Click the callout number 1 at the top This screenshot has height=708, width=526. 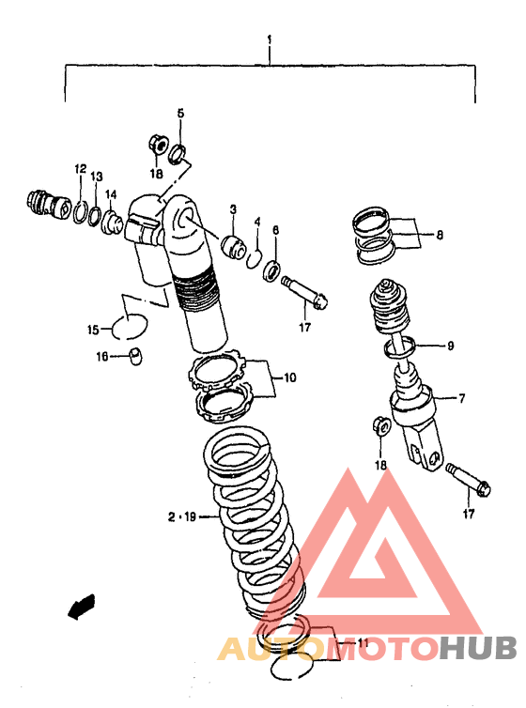click(270, 40)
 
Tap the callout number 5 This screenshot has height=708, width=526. click(180, 113)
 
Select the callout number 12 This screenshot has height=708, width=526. click(81, 169)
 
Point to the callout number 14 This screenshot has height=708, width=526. click(111, 194)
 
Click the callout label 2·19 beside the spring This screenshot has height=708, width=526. click(182, 516)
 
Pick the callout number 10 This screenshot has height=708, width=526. click(290, 377)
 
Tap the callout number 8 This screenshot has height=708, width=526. click(440, 235)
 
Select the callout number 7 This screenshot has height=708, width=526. click(461, 398)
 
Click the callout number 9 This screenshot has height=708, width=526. click(450, 346)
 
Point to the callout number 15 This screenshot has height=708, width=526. click(93, 331)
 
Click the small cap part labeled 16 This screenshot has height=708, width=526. click(135, 356)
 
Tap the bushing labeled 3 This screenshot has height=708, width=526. click(234, 248)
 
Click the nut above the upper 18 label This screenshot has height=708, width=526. click(158, 144)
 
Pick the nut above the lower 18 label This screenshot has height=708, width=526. click(380, 425)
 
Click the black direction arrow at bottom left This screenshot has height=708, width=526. click(82, 607)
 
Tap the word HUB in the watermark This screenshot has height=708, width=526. click(478, 648)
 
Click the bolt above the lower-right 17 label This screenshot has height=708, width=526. click(468, 480)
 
